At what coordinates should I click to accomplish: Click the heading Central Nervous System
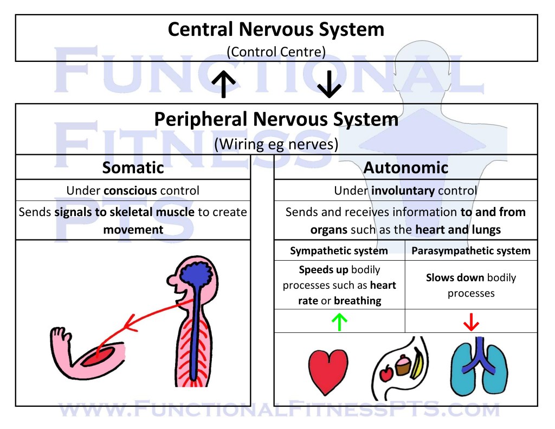pyautogui.click(x=276, y=29)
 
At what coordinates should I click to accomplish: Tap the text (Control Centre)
pyautogui.click(x=276, y=52)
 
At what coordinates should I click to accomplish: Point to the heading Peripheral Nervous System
pyautogui.click(x=276, y=119)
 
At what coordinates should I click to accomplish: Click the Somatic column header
pyautogui.click(x=133, y=168)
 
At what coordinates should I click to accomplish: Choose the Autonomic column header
pyautogui.click(x=405, y=168)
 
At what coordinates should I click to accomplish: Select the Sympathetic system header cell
pyautogui.click(x=339, y=251)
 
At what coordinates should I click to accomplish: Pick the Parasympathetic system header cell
pyautogui.click(x=470, y=251)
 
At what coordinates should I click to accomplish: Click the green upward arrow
pyautogui.click(x=339, y=322)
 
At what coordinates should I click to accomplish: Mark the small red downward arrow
pyautogui.click(x=470, y=323)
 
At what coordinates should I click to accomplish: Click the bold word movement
pyautogui.click(x=133, y=229)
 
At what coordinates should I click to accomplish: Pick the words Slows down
pyautogui.click(x=447, y=277)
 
